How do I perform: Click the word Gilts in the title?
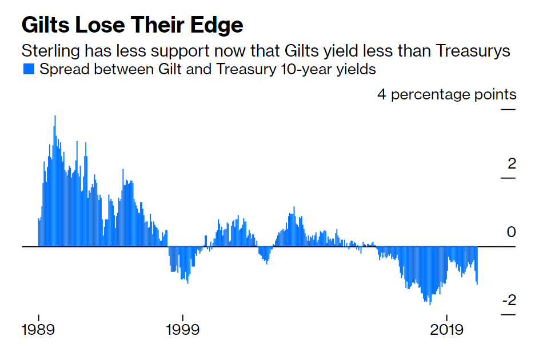click(x=44, y=25)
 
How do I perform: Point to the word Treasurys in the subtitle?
click(x=473, y=50)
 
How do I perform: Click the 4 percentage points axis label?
click(x=446, y=94)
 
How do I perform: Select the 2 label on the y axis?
click(x=512, y=164)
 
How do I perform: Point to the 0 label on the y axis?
click(x=512, y=232)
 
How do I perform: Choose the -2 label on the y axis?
click(x=509, y=301)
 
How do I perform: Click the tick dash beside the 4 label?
click(x=508, y=109)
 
